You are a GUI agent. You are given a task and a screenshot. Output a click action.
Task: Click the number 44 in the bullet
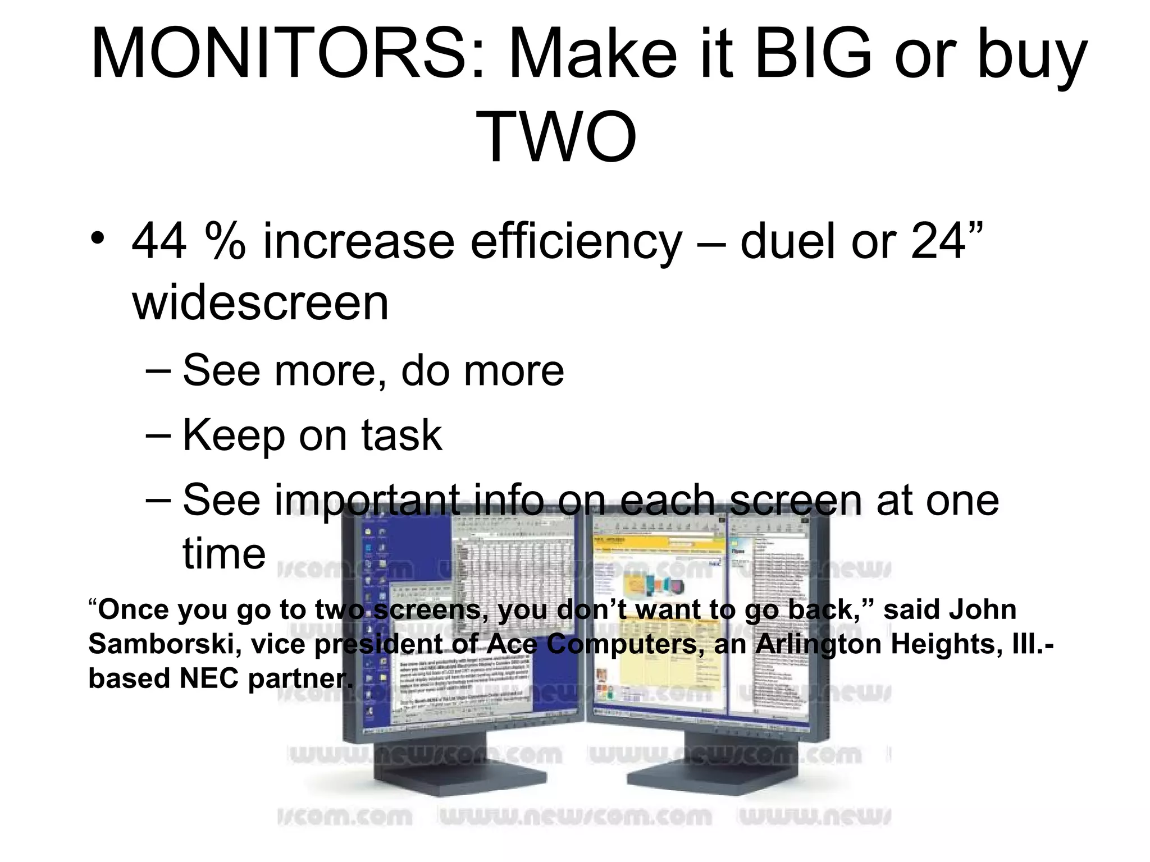[x=159, y=241]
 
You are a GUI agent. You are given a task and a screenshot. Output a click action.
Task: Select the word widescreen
[x=261, y=304]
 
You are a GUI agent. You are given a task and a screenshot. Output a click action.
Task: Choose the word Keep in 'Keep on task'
[x=234, y=435]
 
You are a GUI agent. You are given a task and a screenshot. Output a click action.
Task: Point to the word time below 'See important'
[x=224, y=553]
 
